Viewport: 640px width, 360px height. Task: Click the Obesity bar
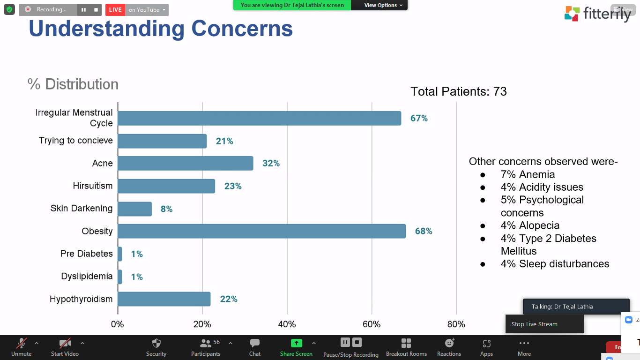(x=261, y=231)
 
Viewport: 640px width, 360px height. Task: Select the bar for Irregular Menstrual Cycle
(x=259, y=118)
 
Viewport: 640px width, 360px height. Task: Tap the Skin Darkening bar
(x=135, y=209)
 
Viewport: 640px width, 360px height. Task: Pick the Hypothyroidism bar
(x=164, y=299)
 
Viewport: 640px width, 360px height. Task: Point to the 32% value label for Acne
(x=271, y=163)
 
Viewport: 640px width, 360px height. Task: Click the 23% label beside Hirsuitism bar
(x=233, y=186)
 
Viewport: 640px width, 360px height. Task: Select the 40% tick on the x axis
(x=287, y=324)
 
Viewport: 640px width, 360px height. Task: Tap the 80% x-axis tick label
(x=456, y=324)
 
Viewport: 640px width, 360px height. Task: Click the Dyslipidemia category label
(x=87, y=276)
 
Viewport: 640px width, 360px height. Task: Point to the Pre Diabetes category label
(x=87, y=254)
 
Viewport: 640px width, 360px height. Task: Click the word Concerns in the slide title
(x=242, y=29)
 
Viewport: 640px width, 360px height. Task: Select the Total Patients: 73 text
(x=458, y=91)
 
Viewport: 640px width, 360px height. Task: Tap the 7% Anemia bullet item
(x=528, y=174)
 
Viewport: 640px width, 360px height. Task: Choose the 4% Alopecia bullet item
(x=530, y=225)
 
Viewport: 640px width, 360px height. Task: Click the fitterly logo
(x=597, y=14)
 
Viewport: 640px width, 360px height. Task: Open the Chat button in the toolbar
(x=255, y=347)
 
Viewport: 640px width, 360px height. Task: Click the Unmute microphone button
(x=21, y=347)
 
